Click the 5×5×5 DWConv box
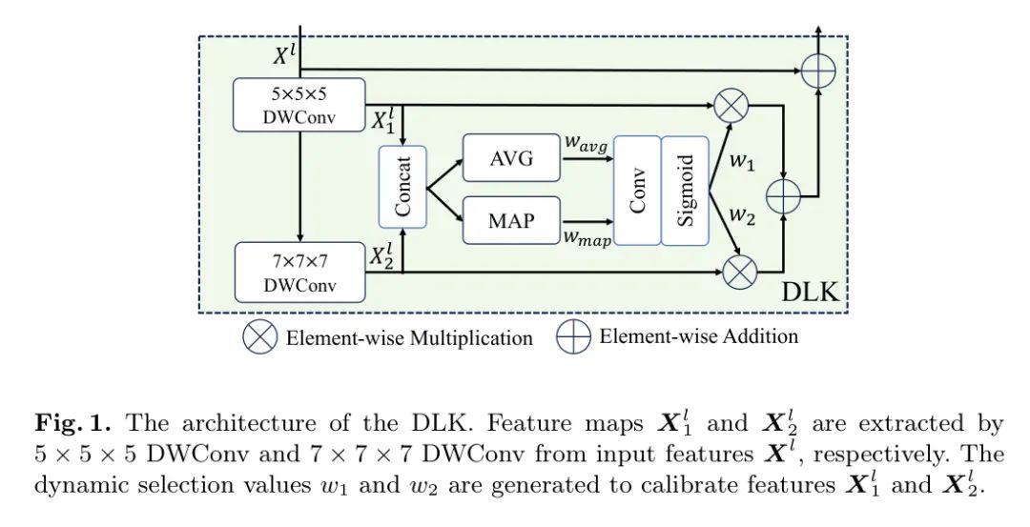[x=299, y=104]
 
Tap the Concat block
[x=402, y=187]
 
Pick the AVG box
[x=510, y=158]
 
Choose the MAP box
[x=510, y=220]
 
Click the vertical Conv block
[x=637, y=191]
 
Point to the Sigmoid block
[x=685, y=191]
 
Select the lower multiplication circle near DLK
[x=738, y=273]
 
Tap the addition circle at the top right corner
[x=816, y=70]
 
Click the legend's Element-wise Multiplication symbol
[x=259, y=337]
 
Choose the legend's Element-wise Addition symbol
[x=574, y=337]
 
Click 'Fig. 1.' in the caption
[x=74, y=423]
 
